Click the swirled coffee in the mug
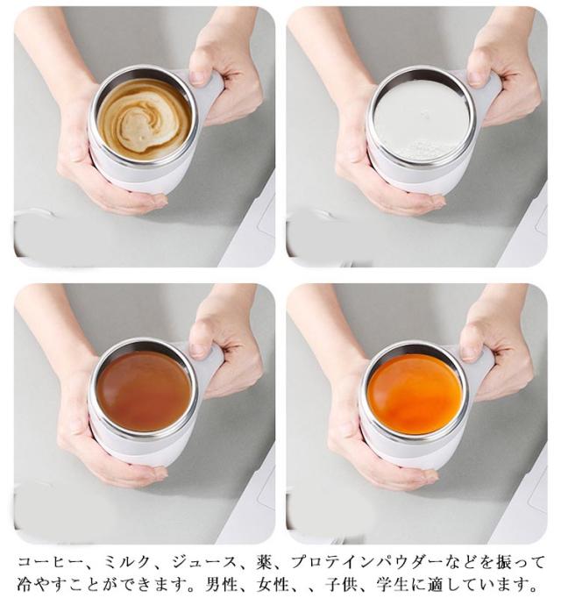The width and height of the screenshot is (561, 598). (x=144, y=120)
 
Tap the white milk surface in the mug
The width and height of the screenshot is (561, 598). (x=422, y=121)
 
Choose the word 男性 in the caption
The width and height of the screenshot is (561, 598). (x=221, y=584)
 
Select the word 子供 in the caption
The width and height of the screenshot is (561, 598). (x=341, y=584)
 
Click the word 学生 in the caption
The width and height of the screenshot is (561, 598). (x=393, y=584)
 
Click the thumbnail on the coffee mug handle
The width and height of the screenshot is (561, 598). (x=198, y=77)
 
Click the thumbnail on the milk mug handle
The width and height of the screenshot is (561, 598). (x=475, y=78)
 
